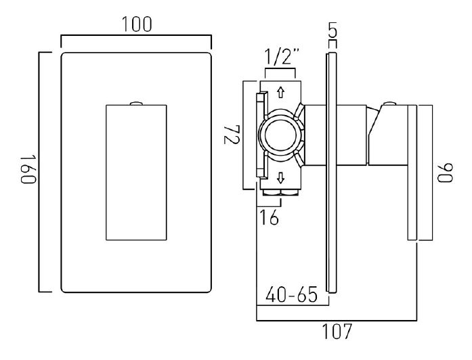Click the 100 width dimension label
tap(137, 24)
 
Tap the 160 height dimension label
tap(29, 169)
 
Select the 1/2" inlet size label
tap(282, 57)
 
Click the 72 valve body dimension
tap(232, 135)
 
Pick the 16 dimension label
tap(269, 217)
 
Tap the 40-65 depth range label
tap(291, 294)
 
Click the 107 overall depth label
tap(337, 331)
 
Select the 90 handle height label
tap(446, 173)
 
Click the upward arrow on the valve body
tap(280, 92)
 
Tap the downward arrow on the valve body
tap(280, 177)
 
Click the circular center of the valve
tap(280, 135)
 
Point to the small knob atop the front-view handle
tap(136, 103)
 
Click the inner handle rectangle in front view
tap(136, 173)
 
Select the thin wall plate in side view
tap(331, 173)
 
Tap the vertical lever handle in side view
tap(412, 173)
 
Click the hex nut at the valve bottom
tap(280, 192)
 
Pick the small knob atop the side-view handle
tap(390, 103)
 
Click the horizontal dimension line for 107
tap(337, 321)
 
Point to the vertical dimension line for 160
tap(39, 172)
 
